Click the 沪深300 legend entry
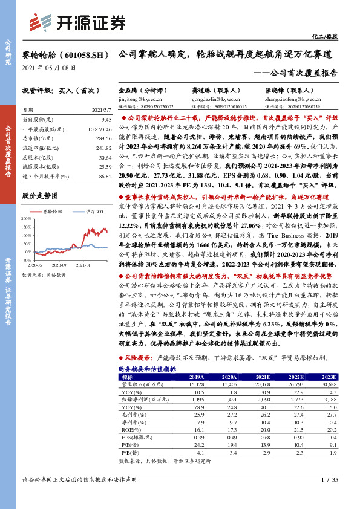click(x=91, y=211)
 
